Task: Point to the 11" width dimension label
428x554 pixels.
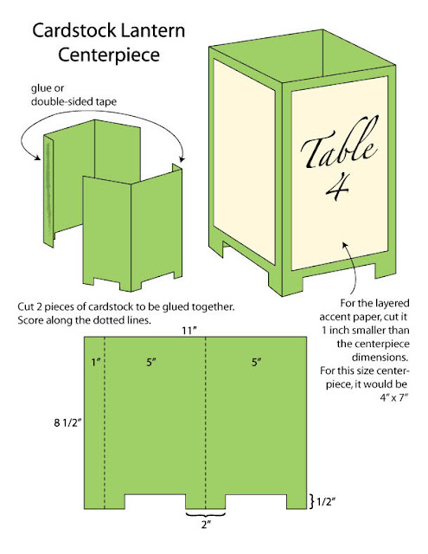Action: point(205,330)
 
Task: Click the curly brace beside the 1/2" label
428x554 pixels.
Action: point(312,500)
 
